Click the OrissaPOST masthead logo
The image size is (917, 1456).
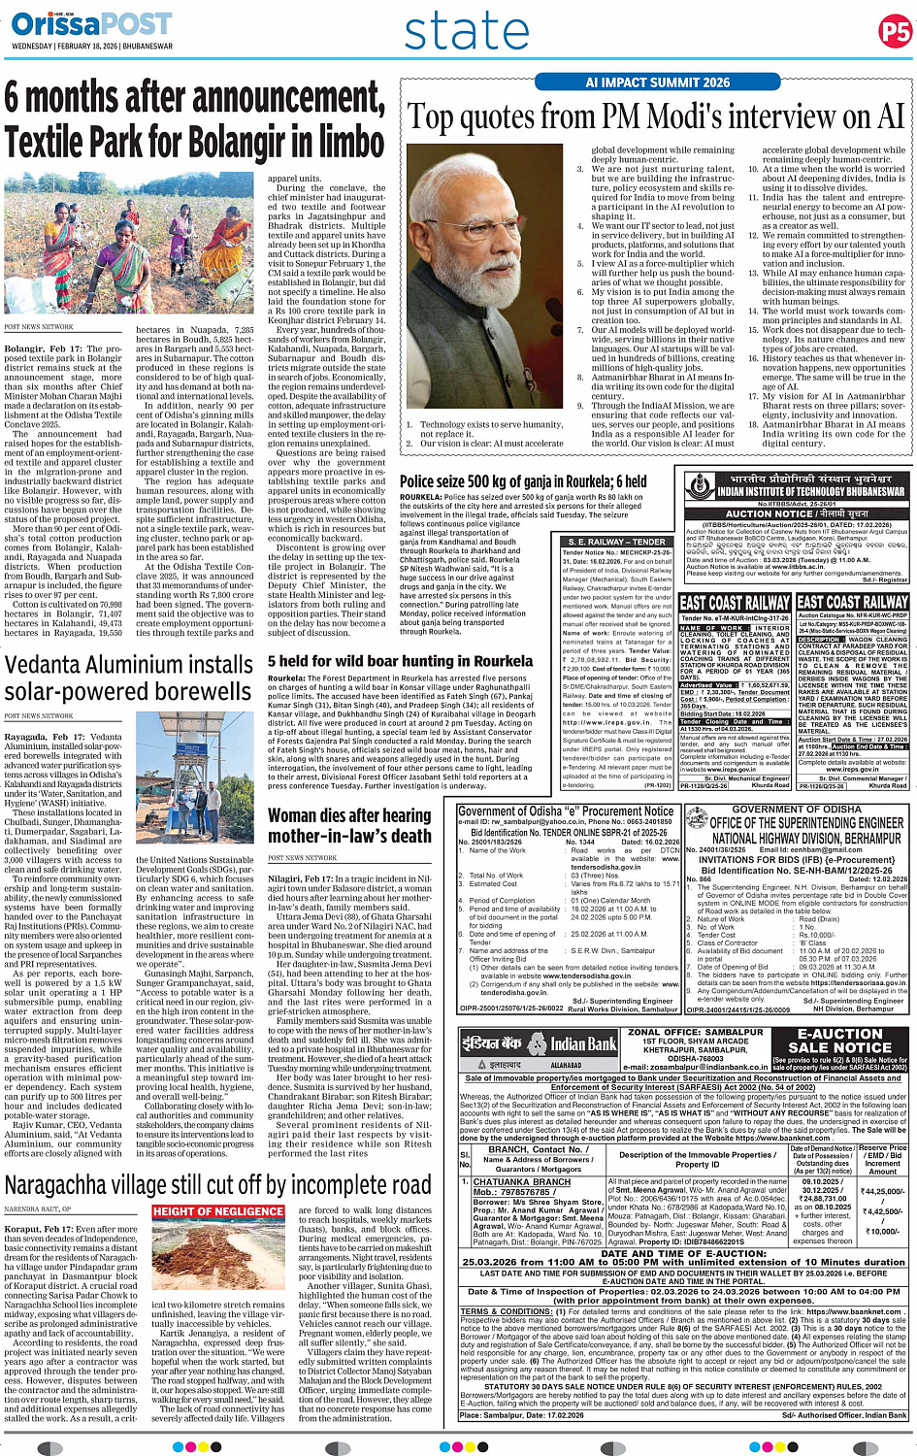[92, 23]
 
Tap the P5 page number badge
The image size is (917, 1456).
[895, 32]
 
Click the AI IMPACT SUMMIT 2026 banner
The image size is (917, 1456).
[657, 83]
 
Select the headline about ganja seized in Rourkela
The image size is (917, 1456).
[523, 481]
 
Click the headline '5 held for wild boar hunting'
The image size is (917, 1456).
[400, 661]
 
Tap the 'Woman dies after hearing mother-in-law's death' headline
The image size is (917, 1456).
[349, 825]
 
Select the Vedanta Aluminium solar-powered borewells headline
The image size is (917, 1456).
[128, 678]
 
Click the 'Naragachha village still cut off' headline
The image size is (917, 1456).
[217, 1184]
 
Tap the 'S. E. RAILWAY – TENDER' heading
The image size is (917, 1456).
[617, 542]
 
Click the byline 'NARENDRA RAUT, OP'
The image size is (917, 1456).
[38, 1209]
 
